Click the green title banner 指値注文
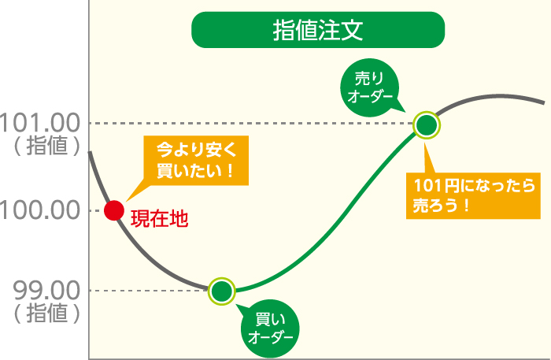pos(318,32)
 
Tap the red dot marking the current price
pos(114,210)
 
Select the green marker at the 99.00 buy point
pos(222,291)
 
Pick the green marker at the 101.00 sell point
pos(426,124)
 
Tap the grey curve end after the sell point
pos(504,96)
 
